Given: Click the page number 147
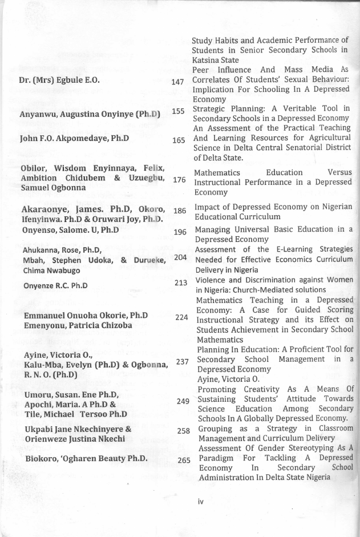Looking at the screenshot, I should click(x=177, y=82).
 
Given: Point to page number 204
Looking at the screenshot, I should click(x=180, y=257).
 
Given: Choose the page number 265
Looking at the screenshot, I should click(x=183, y=460).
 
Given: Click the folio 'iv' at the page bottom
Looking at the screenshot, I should click(x=200, y=502).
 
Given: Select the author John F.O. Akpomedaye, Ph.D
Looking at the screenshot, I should click(x=74, y=138).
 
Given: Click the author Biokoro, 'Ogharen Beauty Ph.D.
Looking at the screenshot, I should click(x=86, y=458).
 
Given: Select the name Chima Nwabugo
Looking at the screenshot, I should click(x=51, y=270).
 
